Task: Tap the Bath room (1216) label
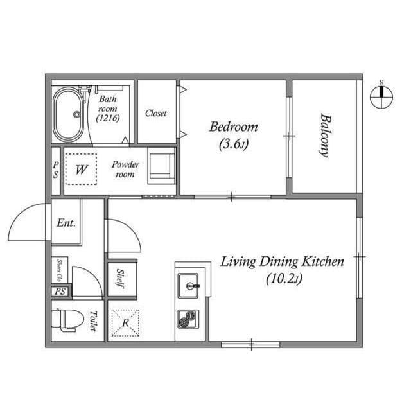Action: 108,109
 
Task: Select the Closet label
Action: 155,113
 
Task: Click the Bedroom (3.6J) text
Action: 233,134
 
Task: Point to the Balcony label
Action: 325,136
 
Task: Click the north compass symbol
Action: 381,96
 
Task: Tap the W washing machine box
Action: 81,170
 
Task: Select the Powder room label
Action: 125,170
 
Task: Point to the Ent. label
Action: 66,223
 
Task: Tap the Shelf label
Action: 121,278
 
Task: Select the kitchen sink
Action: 188,284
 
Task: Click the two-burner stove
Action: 188,319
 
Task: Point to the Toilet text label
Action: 93,320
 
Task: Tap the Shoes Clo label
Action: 59,270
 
